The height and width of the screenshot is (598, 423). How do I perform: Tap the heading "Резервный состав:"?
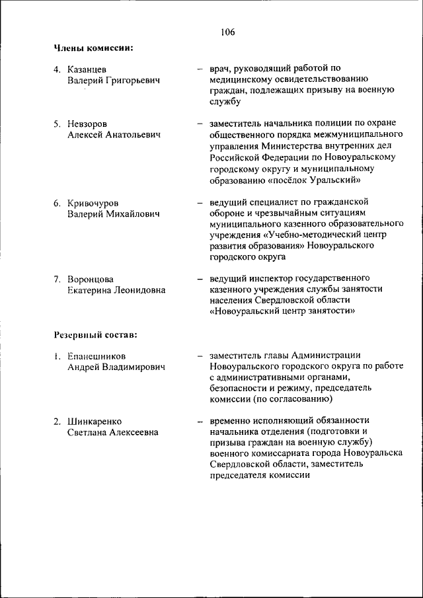point(96,334)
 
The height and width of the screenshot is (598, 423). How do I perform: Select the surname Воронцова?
point(91,280)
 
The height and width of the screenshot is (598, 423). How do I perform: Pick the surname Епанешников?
point(96,356)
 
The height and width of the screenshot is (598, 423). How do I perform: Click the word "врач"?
point(219,69)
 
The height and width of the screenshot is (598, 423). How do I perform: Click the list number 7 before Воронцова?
point(57,280)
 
